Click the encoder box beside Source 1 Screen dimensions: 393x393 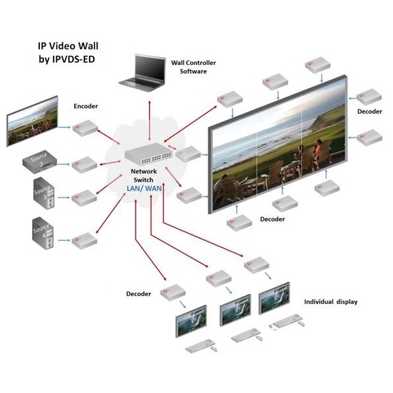point(85,128)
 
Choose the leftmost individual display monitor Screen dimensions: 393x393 point(191,319)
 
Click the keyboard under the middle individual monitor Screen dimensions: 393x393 point(242,333)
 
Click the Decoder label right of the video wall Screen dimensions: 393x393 point(369,112)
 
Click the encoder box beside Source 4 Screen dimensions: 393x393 point(83,238)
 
